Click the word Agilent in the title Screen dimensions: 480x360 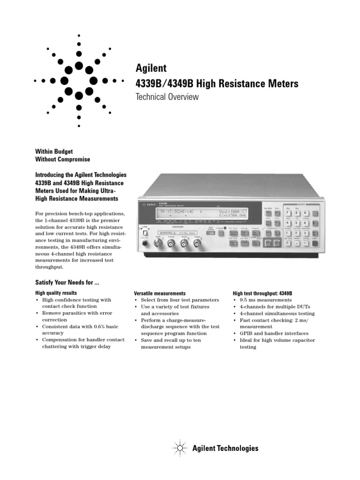151,68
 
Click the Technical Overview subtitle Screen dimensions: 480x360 167,97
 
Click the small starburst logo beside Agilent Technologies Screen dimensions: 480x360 180,449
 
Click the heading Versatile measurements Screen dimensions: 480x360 160,293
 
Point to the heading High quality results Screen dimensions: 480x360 56,293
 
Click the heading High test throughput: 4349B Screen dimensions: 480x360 262,293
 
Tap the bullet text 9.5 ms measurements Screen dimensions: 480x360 265,300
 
